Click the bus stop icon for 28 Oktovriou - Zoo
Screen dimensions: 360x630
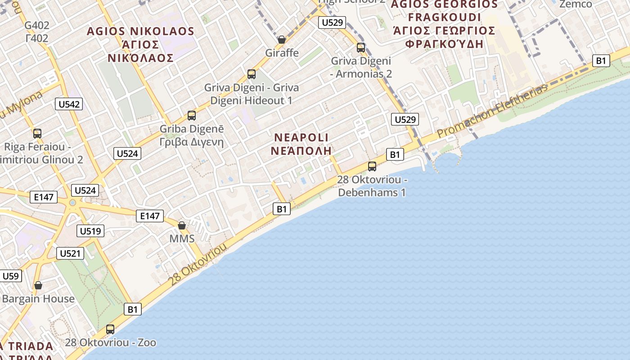pyautogui.click(x=110, y=329)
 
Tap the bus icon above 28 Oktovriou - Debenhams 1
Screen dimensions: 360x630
pyautogui.click(x=372, y=166)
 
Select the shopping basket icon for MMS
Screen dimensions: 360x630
pyautogui.click(x=182, y=225)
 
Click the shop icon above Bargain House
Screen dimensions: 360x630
pyautogui.click(x=38, y=285)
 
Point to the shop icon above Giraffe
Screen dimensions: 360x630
pyautogui.click(x=282, y=40)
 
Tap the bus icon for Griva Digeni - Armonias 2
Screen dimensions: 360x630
pyautogui.click(x=361, y=47)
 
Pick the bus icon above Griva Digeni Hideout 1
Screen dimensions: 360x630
pyautogui.click(x=252, y=74)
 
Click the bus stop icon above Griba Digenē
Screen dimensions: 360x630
pyautogui.click(x=192, y=116)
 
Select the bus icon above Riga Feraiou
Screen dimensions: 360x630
pyautogui.click(x=37, y=134)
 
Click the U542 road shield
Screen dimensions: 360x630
pyautogui.click(x=69, y=104)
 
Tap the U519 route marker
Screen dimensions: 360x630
pyautogui.click(x=90, y=231)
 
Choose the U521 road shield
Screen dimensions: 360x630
pyautogui.click(x=71, y=253)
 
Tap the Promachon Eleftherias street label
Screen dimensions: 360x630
pyautogui.click(x=493, y=111)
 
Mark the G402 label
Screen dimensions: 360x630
pyautogui.click(x=37, y=25)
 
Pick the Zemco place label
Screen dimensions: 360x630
pyautogui.click(x=576, y=4)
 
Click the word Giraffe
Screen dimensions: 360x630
pyautogui.click(x=282, y=53)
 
